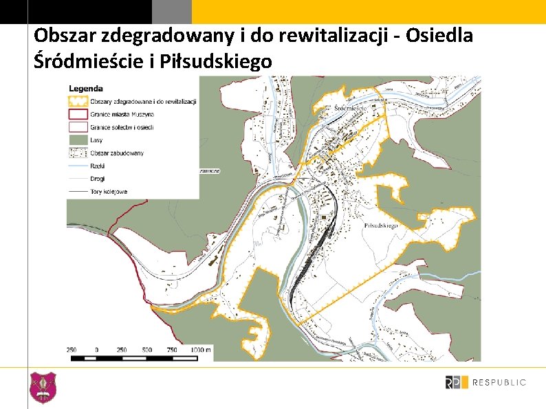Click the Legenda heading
(x=86, y=88)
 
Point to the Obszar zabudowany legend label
(x=117, y=153)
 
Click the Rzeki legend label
(x=97, y=166)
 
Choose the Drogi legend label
(x=97, y=179)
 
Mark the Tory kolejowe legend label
(x=109, y=192)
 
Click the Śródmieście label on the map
(x=349, y=109)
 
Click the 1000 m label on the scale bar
(x=201, y=349)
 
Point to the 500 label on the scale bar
(x=146, y=349)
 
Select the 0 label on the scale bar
(x=96, y=349)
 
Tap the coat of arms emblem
(x=43, y=387)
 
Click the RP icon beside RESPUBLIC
(x=456, y=382)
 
